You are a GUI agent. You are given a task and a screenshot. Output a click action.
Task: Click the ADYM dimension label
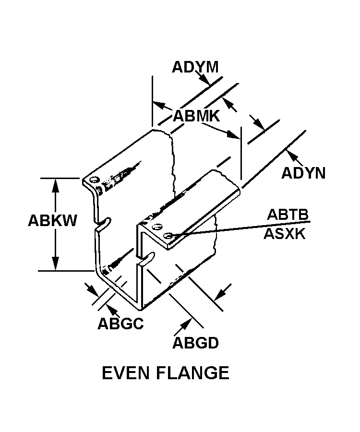pos(195,67)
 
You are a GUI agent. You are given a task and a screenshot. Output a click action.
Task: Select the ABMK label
pos(196,116)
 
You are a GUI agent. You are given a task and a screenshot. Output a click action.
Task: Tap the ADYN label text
pos(303,173)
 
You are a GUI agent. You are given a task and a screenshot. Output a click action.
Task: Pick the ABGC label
pos(120,324)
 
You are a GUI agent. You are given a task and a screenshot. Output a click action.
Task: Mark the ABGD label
pos(195,343)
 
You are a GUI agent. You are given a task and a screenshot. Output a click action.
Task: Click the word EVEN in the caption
pos(126,373)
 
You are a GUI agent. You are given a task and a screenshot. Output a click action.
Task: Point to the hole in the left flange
pos(95,180)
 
